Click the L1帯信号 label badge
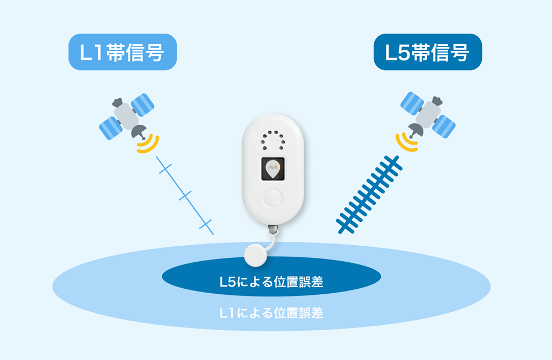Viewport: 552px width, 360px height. pyautogui.click(x=123, y=52)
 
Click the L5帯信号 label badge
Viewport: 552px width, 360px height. pyautogui.click(x=428, y=52)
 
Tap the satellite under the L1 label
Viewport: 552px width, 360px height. pyautogui.click(x=127, y=117)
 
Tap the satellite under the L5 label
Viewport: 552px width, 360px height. pyautogui.click(x=428, y=115)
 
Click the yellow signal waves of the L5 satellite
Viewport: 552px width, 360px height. pyautogui.click(x=406, y=142)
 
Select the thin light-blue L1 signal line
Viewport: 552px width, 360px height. pyautogui.click(x=185, y=195)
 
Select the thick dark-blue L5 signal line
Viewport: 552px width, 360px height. pyautogui.click(x=369, y=195)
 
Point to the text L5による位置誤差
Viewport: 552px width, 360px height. pyautogui.click(x=271, y=282)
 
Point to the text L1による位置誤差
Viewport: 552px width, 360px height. pyautogui.click(x=271, y=313)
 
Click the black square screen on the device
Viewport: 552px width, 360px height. pyautogui.click(x=273, y=170)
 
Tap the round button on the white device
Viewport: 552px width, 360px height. pyautogui.click(x=273, y=198)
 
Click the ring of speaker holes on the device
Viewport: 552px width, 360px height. pyautogui.click(x=273, y=141)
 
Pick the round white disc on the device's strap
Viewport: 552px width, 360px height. pyautogui.click(x=256, y=255)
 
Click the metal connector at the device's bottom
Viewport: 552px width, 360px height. pyautogui.click(x=273, y=230)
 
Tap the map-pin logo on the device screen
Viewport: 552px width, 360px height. pyautogui.click(x=273, y=169)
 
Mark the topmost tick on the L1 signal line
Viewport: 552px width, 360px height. pyautogui.click(x=165, y=169)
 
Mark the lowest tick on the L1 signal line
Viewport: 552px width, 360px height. pyautogui.click(x=205, y=224)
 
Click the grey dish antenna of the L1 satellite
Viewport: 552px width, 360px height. pyautogui.click(x=139, y=132)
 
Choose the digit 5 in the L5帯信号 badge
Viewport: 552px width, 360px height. pyautogui.click(x=402, y=53)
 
